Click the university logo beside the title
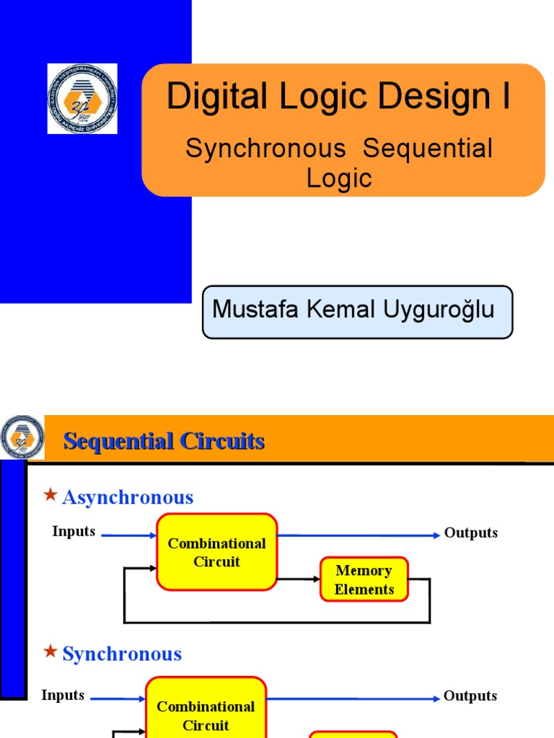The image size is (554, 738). pyautogui.click(x=82, y=99)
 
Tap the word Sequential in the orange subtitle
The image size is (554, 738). pyautogui.click(x=428, y=148)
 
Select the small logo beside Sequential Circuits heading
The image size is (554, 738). pyautogui.click(x=22, y=437)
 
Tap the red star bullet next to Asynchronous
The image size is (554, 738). pyautogui.click(x=50, y=494)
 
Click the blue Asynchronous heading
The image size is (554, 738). pyautogui.click(x=128, y=497)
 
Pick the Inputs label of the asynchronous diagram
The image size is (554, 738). pyautogui.click(x=74, y=532)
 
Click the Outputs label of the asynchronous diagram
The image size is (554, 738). pyautogui.click(x=471, y=533)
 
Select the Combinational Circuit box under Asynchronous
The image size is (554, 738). pyautogui.click(x=216, y=552)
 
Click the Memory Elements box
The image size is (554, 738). pyautogui.click(x=364, y=579)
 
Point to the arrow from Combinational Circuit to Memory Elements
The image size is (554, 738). pyautogui.click(x=299, y=579)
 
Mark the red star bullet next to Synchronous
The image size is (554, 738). pyautogui.click(x=50, y=652)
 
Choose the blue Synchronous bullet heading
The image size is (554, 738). pyautogui.click(x=122, y=654)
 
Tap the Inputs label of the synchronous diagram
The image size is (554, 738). pyautogui.click(x=63, y=695)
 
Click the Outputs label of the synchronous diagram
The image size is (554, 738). pyautogui.click(x=470, y=696)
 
